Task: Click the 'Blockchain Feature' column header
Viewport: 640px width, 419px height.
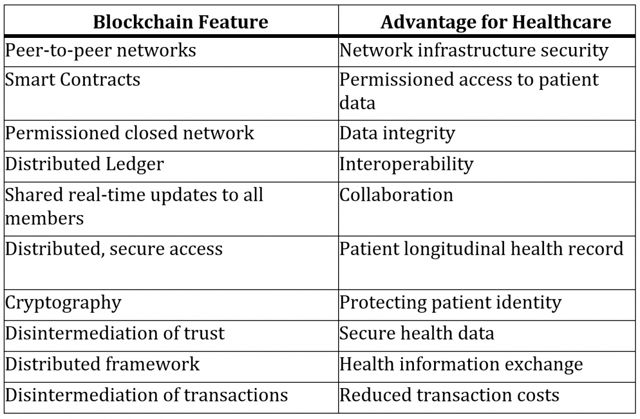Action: tap(181, 22)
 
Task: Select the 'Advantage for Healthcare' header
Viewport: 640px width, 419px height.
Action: tap(495, 22)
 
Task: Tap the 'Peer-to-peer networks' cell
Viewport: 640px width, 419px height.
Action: tap(100, 51)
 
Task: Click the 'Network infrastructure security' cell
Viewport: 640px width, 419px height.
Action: tap(474, 51)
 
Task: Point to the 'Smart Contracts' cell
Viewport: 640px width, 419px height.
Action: tap(73, 79)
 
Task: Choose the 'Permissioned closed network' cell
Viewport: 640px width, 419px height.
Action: tap(130, 133)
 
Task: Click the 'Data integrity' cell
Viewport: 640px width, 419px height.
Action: tap(397, 134)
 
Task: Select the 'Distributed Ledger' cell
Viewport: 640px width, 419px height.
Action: tap(85, 164)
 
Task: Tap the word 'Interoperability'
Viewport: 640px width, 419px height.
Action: tap(406, 165)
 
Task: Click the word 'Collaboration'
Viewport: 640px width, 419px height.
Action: tap(396, 195)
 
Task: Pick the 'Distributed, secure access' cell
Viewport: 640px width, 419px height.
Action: tap(114, 249)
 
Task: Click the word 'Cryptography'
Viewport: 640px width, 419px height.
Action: tap(63, 303)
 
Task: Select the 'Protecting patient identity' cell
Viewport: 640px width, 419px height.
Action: tap(450, 303)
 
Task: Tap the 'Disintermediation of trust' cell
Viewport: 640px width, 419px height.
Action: tap(115, 333)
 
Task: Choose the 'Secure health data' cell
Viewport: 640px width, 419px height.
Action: tap(417, 333)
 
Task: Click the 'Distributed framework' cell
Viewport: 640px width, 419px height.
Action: tap(102, 364)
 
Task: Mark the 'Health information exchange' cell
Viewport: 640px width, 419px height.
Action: tap(461, 365)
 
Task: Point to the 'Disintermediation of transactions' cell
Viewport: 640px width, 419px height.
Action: tap(146, 395)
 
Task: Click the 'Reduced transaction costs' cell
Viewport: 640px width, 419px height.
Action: tap(449, 395)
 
